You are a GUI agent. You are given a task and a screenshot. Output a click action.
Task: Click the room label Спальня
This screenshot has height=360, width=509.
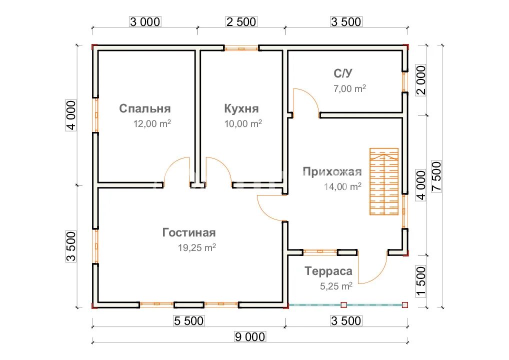pos(145,108)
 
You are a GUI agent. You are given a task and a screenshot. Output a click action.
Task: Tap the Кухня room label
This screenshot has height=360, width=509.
pos(241,108)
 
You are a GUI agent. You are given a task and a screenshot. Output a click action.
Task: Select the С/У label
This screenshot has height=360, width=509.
pos(343,73)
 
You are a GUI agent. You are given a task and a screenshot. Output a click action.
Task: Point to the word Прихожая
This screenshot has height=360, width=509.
pos(332,172)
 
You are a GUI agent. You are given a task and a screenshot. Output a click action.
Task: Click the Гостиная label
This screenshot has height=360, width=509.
pos(189,232)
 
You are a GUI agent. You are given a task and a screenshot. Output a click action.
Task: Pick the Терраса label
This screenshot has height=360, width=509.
pos(328,271)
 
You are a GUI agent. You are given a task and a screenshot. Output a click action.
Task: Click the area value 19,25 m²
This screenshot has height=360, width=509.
pos(196,247)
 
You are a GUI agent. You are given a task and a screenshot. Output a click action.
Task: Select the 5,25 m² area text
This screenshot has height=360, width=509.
pos(336,286)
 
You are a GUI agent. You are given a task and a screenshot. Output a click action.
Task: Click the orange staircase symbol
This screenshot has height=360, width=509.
pos(384,181)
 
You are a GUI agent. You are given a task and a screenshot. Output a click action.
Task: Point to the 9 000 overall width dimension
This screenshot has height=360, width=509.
pos(249,337)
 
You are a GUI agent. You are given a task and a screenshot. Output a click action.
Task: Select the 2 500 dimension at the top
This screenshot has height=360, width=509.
pos(241,21)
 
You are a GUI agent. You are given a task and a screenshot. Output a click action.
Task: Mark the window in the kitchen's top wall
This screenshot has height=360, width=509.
pos(241,48)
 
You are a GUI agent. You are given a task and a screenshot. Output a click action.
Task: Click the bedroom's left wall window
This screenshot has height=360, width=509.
pos(96,114)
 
